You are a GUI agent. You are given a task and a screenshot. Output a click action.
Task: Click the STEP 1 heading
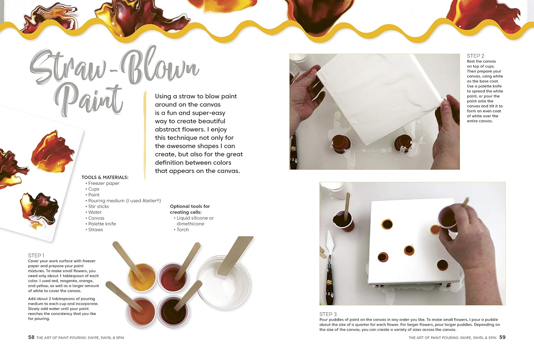click(x=36, y=255)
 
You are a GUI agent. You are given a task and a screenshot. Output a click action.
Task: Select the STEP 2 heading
click(x=475, y=56)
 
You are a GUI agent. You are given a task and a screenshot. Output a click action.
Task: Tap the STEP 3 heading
click(x=328, y=314)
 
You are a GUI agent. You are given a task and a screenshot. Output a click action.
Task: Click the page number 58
click(x=31, y=337)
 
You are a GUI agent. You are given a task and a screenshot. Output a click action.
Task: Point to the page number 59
click(x=502, y=337)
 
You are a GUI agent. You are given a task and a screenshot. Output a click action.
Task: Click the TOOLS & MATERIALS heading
click(x=105, y=177)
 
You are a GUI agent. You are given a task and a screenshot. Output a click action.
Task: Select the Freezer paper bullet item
click(x=104, y=183)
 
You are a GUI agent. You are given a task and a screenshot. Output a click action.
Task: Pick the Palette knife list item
click(x=102, y=224)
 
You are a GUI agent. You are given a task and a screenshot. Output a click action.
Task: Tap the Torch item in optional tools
click(x=183, y=230)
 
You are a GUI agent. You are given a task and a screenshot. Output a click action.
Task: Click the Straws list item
click(x=95, y=230)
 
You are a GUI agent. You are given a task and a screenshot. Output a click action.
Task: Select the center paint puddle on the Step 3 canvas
click(x=409, y=250)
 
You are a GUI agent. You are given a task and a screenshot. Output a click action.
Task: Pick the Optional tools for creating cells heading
click(x=190, y=209)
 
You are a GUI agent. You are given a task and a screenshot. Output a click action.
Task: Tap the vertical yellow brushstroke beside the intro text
click(x=145, y=135)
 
